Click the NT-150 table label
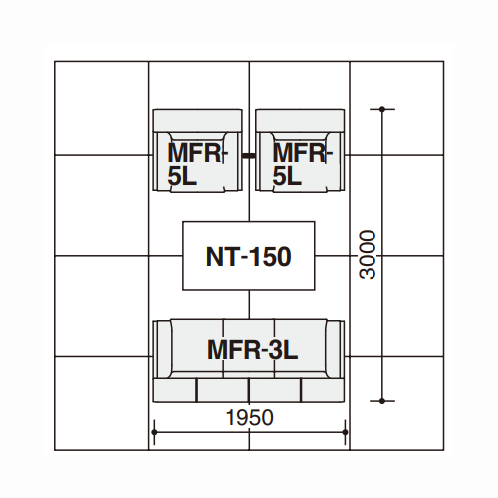[x=249, y=257]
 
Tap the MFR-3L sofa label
[x=252, y=350]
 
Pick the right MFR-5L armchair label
[x=302, y=164]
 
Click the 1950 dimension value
[x=249, y=417]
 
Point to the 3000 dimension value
[x=368, y=255]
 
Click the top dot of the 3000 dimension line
[x=382, y=109]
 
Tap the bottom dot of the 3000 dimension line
[x=382, y=401]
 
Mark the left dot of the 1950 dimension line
[x=154, y=432]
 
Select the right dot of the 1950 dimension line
[x=345, y=432]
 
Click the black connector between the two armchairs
[x=249, y=155]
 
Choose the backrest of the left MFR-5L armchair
[x=198, y=121]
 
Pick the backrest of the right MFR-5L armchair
[x=300, y=121]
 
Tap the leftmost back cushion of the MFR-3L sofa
[x=175, y=390]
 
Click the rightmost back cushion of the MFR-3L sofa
[x=323, y=390]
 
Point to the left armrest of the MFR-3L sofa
[x=162, y=349]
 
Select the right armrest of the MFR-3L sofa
[x=336, y=349]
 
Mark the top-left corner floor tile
[x=102, y=109]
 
